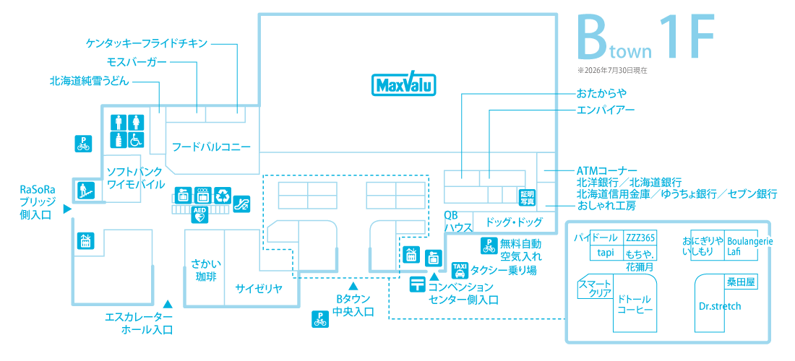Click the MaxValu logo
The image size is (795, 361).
404,84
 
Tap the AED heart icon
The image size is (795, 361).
199,214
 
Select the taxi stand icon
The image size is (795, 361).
460,270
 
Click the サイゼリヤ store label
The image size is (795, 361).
259,289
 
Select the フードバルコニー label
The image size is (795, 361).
212,147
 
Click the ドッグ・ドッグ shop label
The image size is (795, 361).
514,222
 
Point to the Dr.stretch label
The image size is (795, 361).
719,306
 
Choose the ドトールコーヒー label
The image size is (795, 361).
635,304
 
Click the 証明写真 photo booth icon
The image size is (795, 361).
528,197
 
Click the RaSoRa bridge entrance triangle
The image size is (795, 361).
66,209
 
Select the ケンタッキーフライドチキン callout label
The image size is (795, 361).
147,43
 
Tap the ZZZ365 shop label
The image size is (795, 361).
641,238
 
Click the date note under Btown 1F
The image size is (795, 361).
611,71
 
